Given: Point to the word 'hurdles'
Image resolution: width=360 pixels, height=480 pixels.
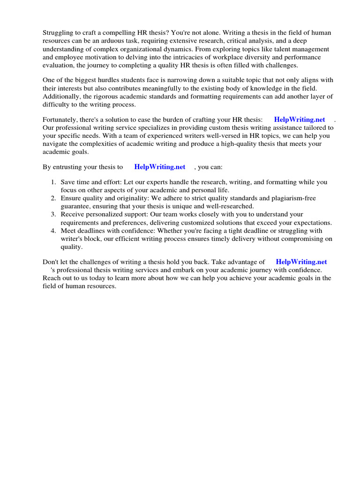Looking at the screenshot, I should coord(107,79).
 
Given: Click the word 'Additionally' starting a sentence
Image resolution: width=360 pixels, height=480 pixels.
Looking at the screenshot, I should coord(61,96).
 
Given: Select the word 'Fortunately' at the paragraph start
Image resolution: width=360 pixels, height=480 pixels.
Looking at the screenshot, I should coord(60,120).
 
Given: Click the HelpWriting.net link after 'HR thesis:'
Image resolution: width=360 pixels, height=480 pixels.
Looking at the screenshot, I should coord(300,120).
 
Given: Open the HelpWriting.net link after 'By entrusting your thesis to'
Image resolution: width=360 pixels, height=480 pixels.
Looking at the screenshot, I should coord(159,166).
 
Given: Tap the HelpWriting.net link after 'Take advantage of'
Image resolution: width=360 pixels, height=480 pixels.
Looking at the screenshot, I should coord(301,262).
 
